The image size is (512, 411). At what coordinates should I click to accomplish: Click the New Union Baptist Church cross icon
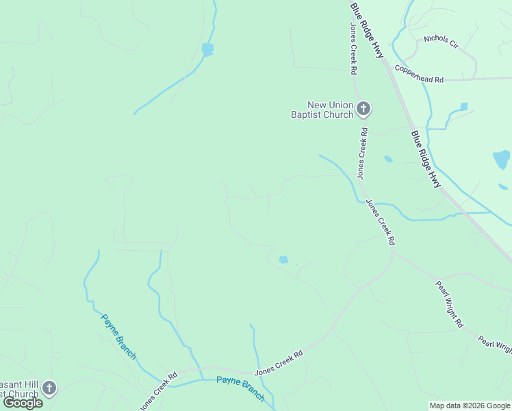coord(363,108)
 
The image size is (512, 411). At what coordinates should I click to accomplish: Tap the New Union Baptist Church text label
coord(322,110)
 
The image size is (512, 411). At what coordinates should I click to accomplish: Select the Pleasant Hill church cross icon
coord(49,389)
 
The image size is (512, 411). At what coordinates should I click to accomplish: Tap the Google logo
coord(23,403)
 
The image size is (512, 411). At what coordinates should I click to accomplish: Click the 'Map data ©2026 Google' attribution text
coord(470,406)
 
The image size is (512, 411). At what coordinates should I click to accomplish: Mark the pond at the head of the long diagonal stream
coord(207,49)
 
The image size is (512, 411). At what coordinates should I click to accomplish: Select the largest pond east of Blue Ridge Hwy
coord(502,160)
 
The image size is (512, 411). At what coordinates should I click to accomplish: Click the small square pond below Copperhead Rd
coord(464,107)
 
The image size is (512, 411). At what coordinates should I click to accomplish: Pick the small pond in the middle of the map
coord(283,260)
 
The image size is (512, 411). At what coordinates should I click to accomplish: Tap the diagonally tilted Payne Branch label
coord(118,336)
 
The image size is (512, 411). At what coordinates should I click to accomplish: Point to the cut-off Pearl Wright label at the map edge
coord(495,345)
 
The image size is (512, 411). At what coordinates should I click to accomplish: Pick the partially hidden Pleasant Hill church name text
coord(19,388)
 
